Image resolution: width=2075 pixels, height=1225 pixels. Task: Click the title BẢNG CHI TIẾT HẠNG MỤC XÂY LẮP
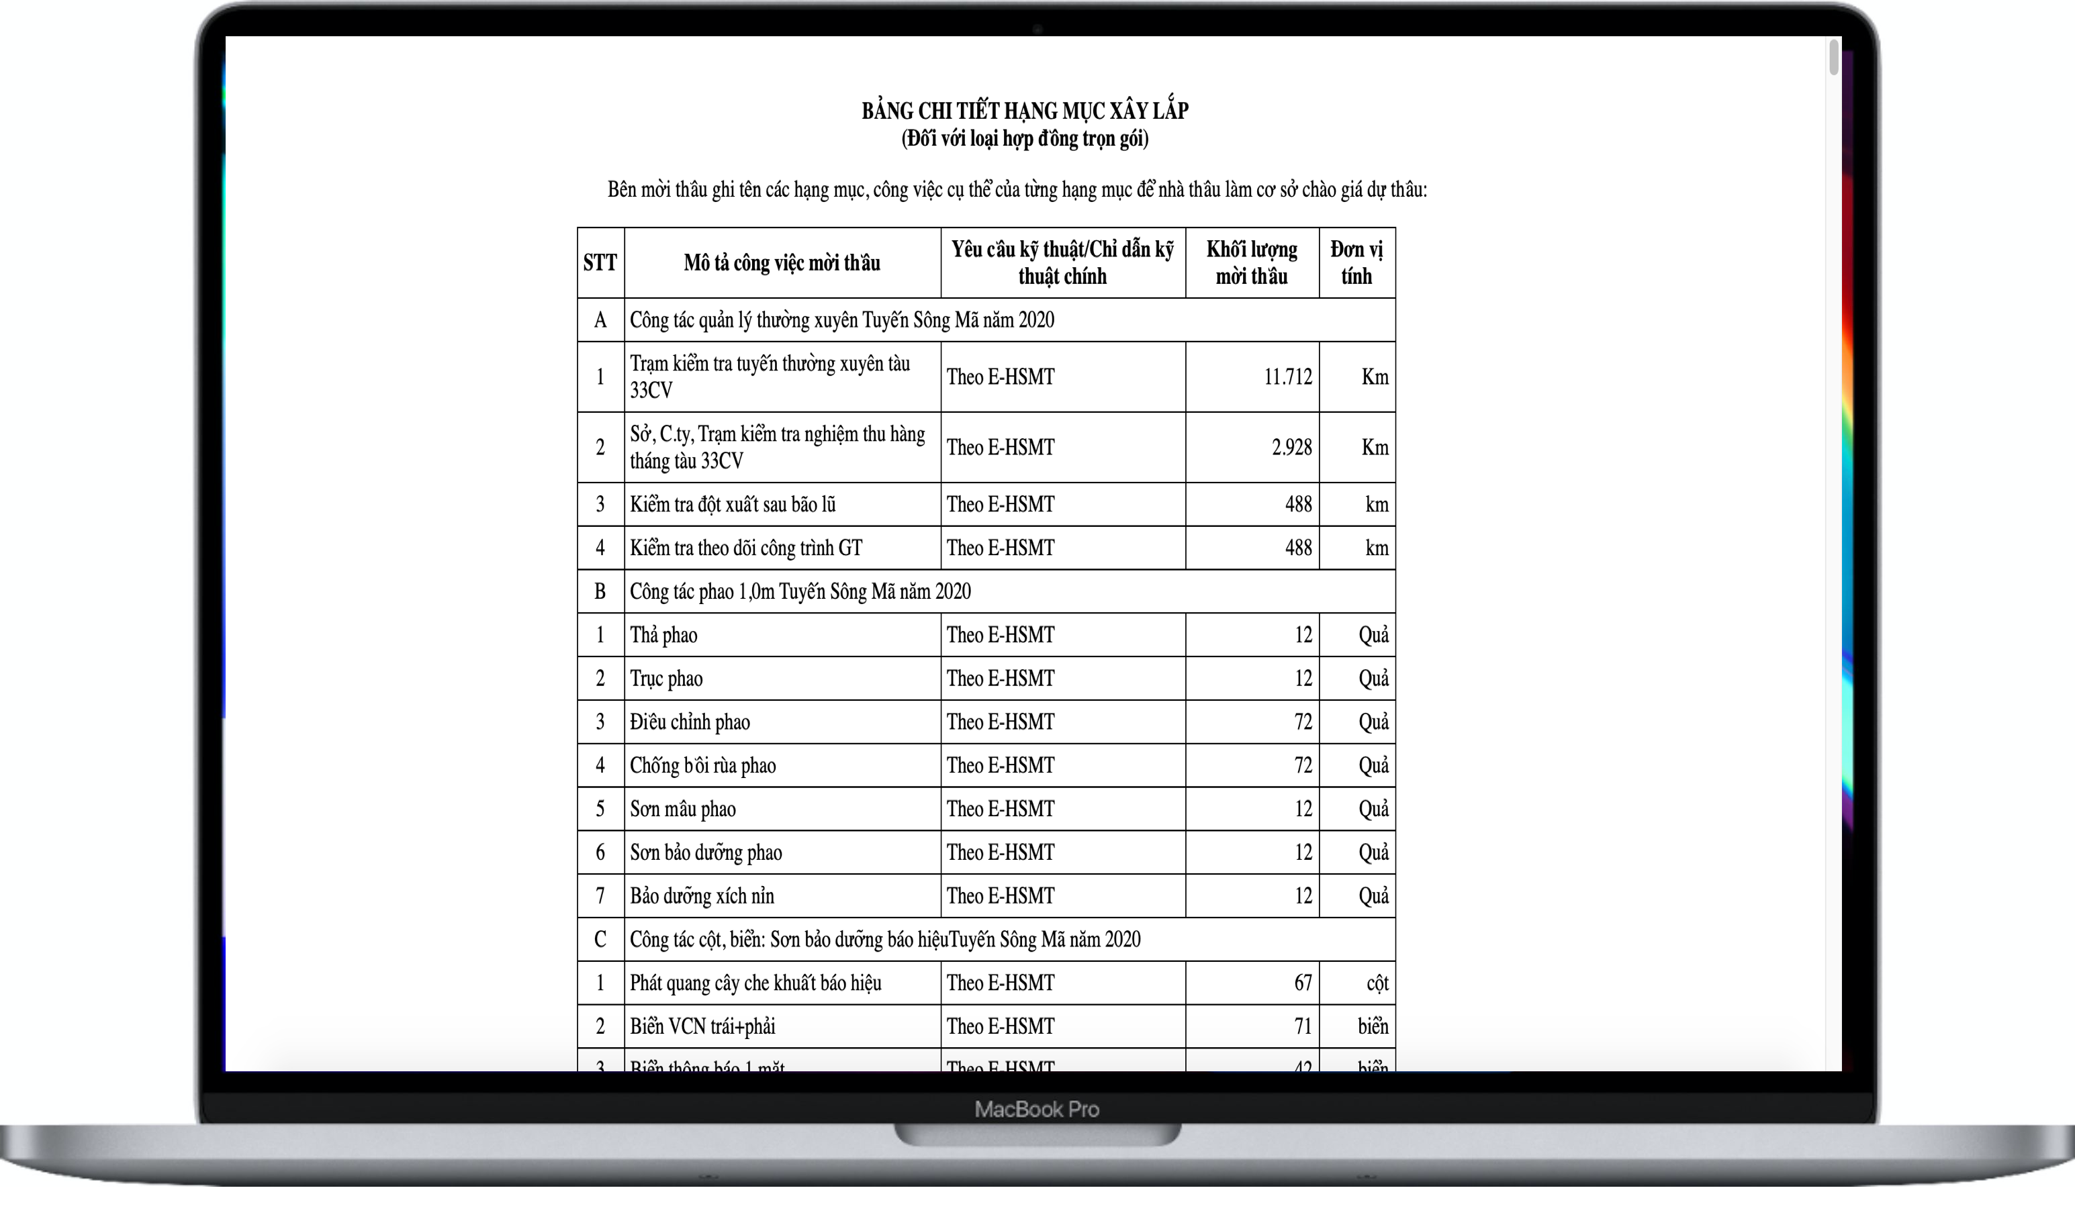click(x=1025, y=111)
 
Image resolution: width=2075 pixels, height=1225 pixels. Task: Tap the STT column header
click(x=600, y=262)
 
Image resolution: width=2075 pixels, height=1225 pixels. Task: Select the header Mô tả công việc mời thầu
click(x=782, y=262)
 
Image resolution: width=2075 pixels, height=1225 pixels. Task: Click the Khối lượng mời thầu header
click(x=1252, y=262)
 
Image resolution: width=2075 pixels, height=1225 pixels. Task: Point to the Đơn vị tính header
click(x=1356, y=262)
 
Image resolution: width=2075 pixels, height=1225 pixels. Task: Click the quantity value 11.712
click(x=1287, y=377)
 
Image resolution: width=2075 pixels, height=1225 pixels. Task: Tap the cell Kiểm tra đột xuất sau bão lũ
click(x=733, y=504)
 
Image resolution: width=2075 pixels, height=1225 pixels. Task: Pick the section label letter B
click(x=600, y=592)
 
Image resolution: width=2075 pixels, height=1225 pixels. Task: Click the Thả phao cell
click(x=664, y=636)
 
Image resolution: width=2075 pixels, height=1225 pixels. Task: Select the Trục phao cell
click(x=666, y=679)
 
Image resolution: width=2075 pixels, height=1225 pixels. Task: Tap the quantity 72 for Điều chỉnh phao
click(x=1303, y=722)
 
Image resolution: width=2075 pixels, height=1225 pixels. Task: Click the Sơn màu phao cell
click(x=683, y=809)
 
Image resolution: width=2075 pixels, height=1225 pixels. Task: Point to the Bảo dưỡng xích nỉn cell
click(x=702, y=895)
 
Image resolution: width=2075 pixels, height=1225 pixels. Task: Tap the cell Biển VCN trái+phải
click(x=702, y=1026)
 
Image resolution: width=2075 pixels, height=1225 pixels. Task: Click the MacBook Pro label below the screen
click(x=1037, y=1109)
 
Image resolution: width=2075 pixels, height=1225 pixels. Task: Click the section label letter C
click(x=600, y=939)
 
